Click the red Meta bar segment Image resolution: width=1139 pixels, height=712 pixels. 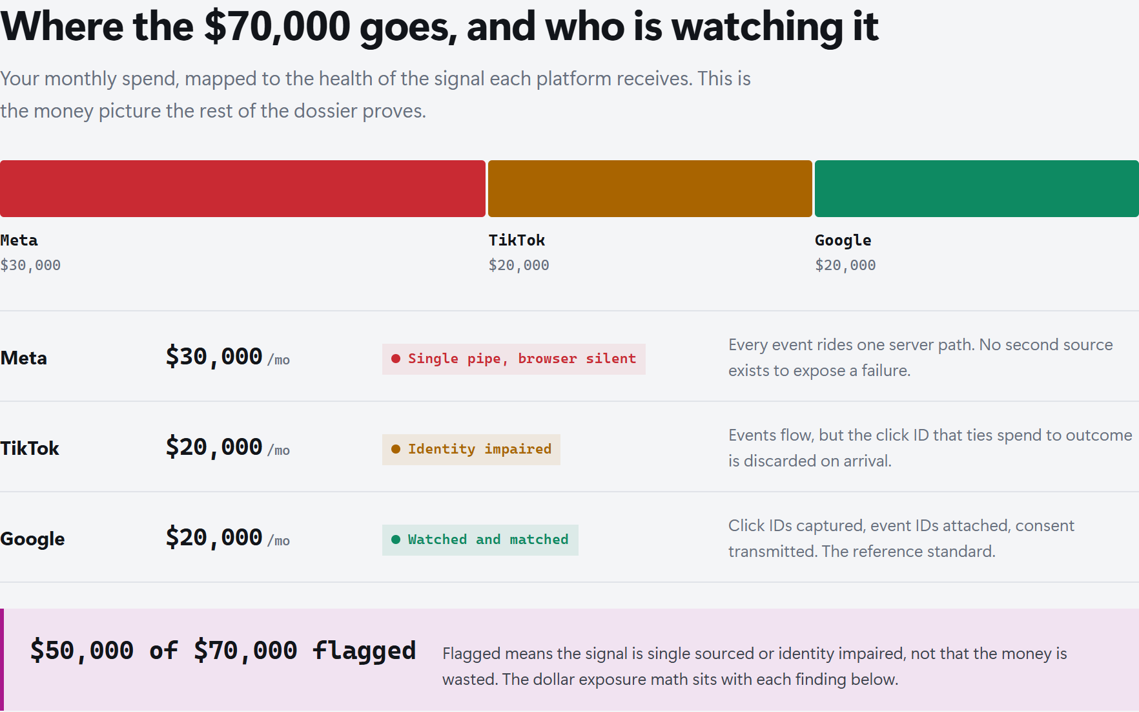[x=243, y=189]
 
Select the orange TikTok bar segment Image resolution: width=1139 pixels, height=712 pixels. [x=650, y=189]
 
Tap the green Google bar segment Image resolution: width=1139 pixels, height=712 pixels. [x=977, y=189]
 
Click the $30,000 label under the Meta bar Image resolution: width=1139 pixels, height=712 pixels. [x=30, y=265]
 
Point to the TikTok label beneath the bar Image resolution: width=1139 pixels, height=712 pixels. [x=517, y=240]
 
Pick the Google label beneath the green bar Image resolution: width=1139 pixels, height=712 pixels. [x=843, y=241]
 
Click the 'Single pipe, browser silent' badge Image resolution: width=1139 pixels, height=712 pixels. [x=514, y=359]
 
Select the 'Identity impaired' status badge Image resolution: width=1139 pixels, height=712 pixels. [x=471, y=450]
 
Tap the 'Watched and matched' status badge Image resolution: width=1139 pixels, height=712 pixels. [x=480, y=540]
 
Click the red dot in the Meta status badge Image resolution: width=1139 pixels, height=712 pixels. [x=396, y=359]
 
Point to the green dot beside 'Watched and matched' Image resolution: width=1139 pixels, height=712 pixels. [x=396, y=539]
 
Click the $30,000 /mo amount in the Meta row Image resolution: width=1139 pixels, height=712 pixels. [x=228, y=357]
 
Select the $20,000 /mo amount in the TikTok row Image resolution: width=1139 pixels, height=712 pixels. [x=228, y=448]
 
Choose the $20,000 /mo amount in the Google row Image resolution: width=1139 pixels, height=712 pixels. [x=228, y=538]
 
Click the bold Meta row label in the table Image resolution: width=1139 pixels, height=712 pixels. [x=24, y=358]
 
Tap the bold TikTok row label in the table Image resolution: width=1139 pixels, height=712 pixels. [x=30, y=448]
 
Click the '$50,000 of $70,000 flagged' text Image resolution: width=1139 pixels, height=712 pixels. [x=223, y=651]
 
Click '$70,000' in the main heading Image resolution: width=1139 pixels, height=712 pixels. [x=277, y=27]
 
